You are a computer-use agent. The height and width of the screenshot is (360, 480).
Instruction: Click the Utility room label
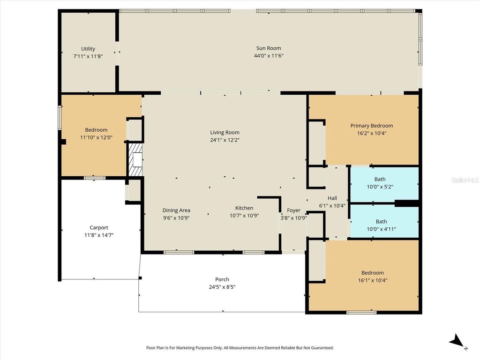point(88,49)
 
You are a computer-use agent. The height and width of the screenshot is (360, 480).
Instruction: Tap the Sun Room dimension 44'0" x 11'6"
point(269,56)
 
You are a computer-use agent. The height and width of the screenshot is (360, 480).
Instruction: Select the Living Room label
point(225,133)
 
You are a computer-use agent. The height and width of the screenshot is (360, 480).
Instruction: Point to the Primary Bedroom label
point(372,126)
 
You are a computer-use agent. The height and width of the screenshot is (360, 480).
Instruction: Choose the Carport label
point(99,228)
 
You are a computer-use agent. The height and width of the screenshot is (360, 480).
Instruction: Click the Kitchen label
point(244,208)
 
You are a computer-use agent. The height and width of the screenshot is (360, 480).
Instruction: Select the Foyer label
point(293,210)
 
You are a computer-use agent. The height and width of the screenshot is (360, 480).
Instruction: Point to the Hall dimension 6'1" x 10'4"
point(332,205)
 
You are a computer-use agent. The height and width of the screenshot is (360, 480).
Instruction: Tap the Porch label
point(222,279)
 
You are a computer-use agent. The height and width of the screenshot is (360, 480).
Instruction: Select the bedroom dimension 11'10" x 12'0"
point(96,137)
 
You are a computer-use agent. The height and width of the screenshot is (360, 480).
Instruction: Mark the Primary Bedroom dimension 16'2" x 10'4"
point(372,133)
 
